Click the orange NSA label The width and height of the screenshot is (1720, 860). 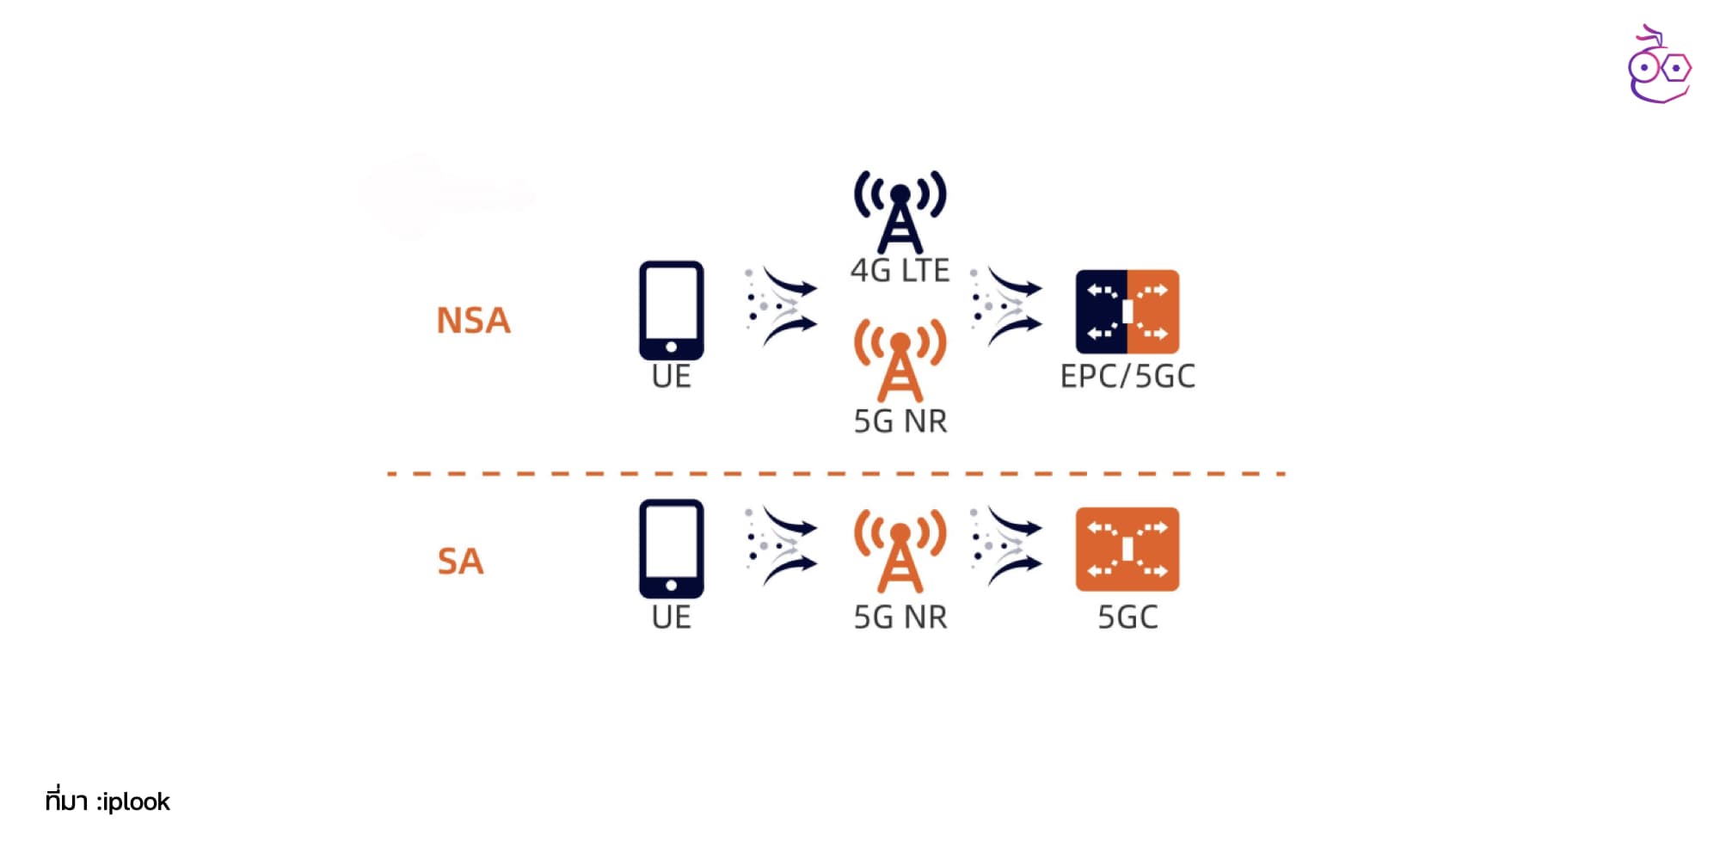coord(473,320)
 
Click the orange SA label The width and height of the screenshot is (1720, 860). coord(460,561)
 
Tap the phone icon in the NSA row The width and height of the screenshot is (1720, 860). coord(671,310)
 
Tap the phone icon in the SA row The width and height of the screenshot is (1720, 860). coord(671,549)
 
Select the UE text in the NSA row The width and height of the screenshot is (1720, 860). coord(671,377)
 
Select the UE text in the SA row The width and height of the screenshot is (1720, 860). coord(671,617)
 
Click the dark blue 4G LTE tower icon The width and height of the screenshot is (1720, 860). coord(900,212)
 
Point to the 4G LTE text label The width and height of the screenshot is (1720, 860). coord(900,270)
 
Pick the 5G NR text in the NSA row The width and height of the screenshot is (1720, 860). coord(900,421)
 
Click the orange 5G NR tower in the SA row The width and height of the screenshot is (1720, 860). coord(900,550)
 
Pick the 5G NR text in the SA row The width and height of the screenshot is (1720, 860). coord(900,617)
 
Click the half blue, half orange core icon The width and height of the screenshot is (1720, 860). coord(1127,311)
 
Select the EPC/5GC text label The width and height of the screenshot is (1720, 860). coord(1127,377)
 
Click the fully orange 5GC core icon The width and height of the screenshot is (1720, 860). coord(1127,549)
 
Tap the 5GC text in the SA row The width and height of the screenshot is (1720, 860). coord(1127,617)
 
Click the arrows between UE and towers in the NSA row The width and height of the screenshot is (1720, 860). coord(780,305)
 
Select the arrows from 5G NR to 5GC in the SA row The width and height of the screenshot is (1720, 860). coord(1005,546)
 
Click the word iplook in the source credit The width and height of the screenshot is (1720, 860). coord(136,802)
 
